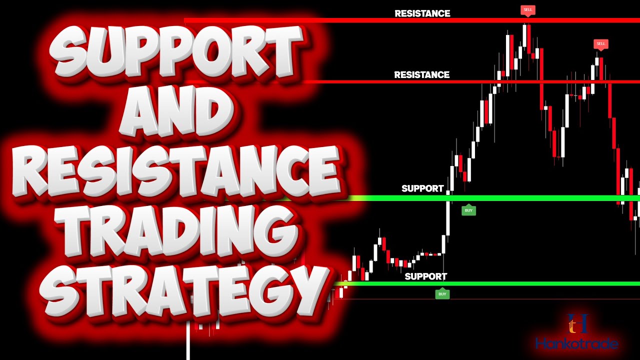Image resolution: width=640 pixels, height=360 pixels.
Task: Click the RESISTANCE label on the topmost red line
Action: click(x=422, y=13)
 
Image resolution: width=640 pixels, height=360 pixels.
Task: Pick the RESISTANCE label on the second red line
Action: click(x=422, y=75)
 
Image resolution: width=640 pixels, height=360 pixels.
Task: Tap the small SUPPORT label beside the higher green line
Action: click(x=422, y=188)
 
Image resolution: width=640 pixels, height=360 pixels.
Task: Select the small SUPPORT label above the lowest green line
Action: click(x=426, y=276)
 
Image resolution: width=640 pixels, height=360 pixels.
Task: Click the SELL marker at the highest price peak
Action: click(x=527, y=9)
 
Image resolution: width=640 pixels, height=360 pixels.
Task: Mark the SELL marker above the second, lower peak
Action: click(x=600, y=44)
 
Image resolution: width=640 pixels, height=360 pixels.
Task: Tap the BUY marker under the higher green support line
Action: click(x=468, y=210)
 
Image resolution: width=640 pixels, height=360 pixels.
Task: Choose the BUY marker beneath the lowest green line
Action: click(x=442, y=294)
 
